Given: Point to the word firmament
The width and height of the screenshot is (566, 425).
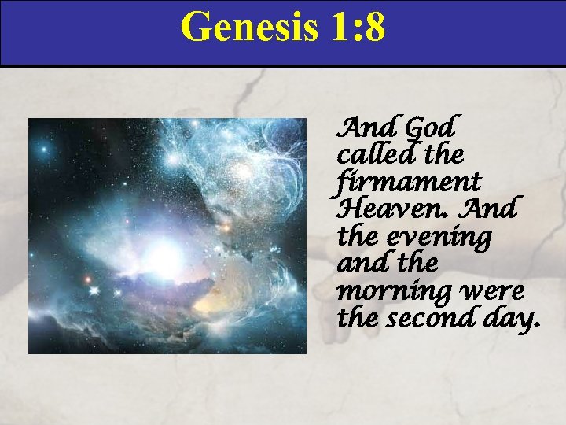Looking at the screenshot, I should tap(409, 182).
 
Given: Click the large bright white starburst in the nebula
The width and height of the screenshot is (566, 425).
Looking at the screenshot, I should tap(165, 256).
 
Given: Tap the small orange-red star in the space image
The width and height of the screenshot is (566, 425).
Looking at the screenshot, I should tap(87, 279).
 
